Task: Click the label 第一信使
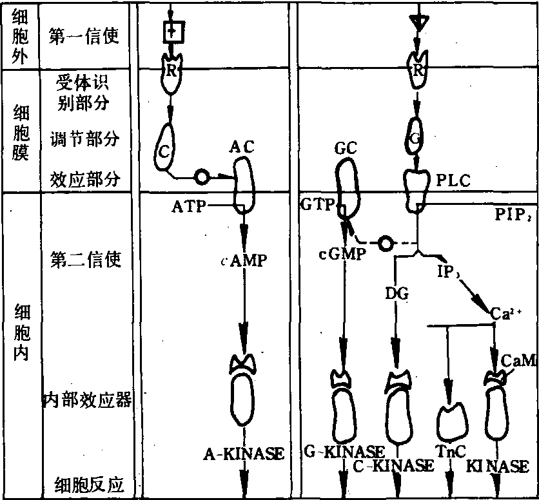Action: point(84,36)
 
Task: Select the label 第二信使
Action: point(84,260)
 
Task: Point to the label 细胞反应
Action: point(89,484)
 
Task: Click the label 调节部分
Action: point(84,139)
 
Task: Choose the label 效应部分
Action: point(84,180)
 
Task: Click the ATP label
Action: point(188,206)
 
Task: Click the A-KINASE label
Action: point(244,453)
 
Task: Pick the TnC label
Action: point(450,452)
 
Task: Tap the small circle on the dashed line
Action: point(385,243)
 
